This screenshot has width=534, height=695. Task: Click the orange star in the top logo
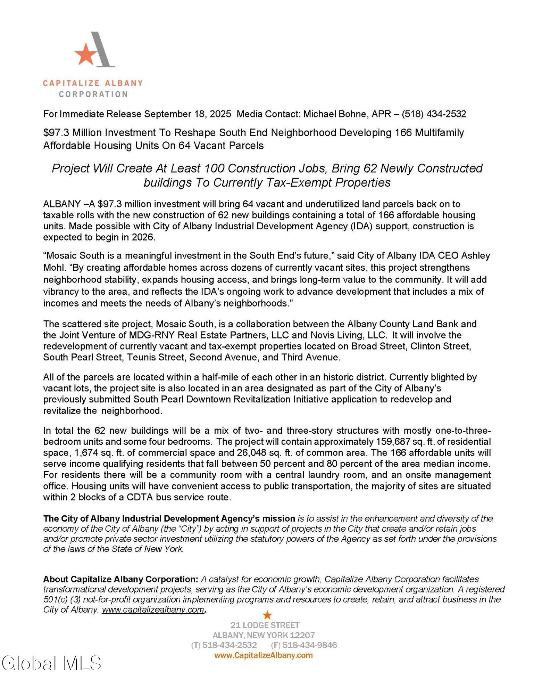[x=85, y=54]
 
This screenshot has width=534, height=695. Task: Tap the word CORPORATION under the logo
[x=93, y=94]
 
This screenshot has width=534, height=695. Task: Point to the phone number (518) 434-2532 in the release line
[x=434, y=114]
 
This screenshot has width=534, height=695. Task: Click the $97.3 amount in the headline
[x=56, y=133]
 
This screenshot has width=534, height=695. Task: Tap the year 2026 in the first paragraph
[x=143, y=238]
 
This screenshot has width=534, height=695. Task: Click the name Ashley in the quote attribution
[x=475, y=256]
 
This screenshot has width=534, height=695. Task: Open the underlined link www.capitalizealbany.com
[x=153, y=610]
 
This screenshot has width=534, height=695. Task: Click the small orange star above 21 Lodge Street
[x=267, y=615]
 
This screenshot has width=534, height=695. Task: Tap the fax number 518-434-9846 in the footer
[x=309, y=645]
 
